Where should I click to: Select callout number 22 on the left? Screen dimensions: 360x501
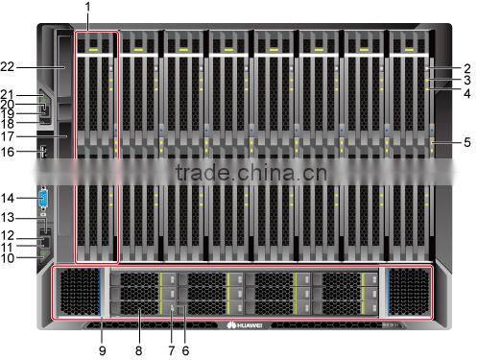[x=9, y=66]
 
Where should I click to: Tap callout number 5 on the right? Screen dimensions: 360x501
[x=467, y=142]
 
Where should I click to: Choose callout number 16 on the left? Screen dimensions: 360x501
[x=9, y=152]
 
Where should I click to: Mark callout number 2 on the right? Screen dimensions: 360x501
[x=467, y=68]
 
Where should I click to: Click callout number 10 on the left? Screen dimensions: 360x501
[x=9, y=256]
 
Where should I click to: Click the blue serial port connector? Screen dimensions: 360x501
[x=43, y=199]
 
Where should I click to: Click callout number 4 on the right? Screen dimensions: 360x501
[x=467, y=94]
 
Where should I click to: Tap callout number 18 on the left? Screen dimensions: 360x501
[x=9, y=124]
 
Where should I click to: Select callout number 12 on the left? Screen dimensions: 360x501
[x=9, y=234]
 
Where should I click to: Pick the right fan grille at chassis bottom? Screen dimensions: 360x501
[x=407, y=290]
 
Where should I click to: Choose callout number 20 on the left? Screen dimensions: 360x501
[x=9, y=104]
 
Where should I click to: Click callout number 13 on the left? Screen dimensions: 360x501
[x=9, y=217]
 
